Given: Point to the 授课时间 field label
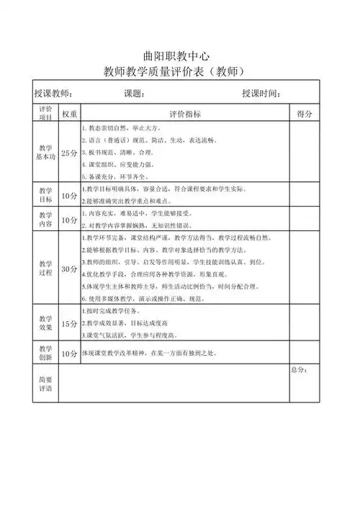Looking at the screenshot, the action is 261,94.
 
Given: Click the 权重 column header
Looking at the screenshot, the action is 70,114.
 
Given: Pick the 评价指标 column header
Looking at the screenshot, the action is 185,114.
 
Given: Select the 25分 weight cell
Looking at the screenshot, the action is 70,153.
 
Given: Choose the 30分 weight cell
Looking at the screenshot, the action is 70,269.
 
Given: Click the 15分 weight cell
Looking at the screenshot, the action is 70,325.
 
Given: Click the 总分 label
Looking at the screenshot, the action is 300,370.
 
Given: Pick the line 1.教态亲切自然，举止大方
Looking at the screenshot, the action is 120,127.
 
